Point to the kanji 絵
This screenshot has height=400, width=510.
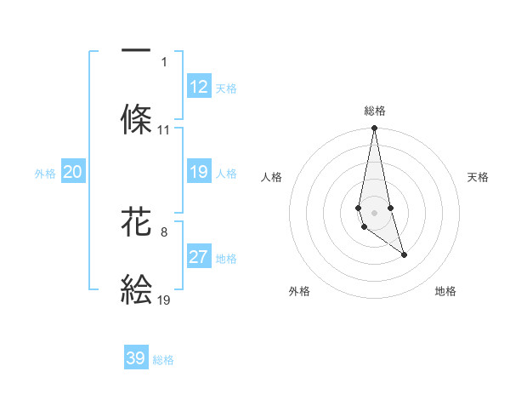click(136, 289)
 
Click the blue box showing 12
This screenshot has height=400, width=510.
click(199, 87)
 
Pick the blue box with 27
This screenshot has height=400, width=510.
click(199, 257)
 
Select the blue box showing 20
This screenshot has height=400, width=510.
click(72, 172)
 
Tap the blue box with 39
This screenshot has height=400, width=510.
click(136, 358)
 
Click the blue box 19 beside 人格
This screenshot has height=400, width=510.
click(199, 172)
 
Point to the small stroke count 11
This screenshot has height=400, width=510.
click(164, 130)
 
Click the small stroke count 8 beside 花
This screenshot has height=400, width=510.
click(164, 231)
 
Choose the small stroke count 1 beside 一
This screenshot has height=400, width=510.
click(164, 62)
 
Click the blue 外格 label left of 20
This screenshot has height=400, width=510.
click(45, 174)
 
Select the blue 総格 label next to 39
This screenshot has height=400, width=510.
click(163, 360)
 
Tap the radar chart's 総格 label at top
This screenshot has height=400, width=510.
click(375, 111)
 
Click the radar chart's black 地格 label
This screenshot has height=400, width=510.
click(445, 291)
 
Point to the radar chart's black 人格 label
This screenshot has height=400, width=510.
click(271, 177)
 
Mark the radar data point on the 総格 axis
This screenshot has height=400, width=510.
click(374, 129)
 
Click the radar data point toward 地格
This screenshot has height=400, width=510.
click(404, 254)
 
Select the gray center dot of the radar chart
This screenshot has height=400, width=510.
click(374, 212)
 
